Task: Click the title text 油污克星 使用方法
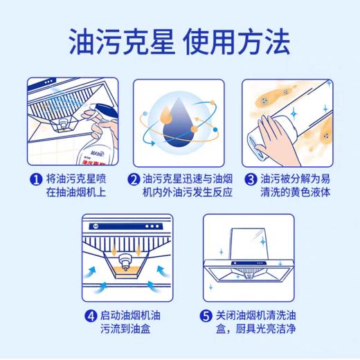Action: (179, 43)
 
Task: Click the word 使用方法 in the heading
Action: (236, 43)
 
